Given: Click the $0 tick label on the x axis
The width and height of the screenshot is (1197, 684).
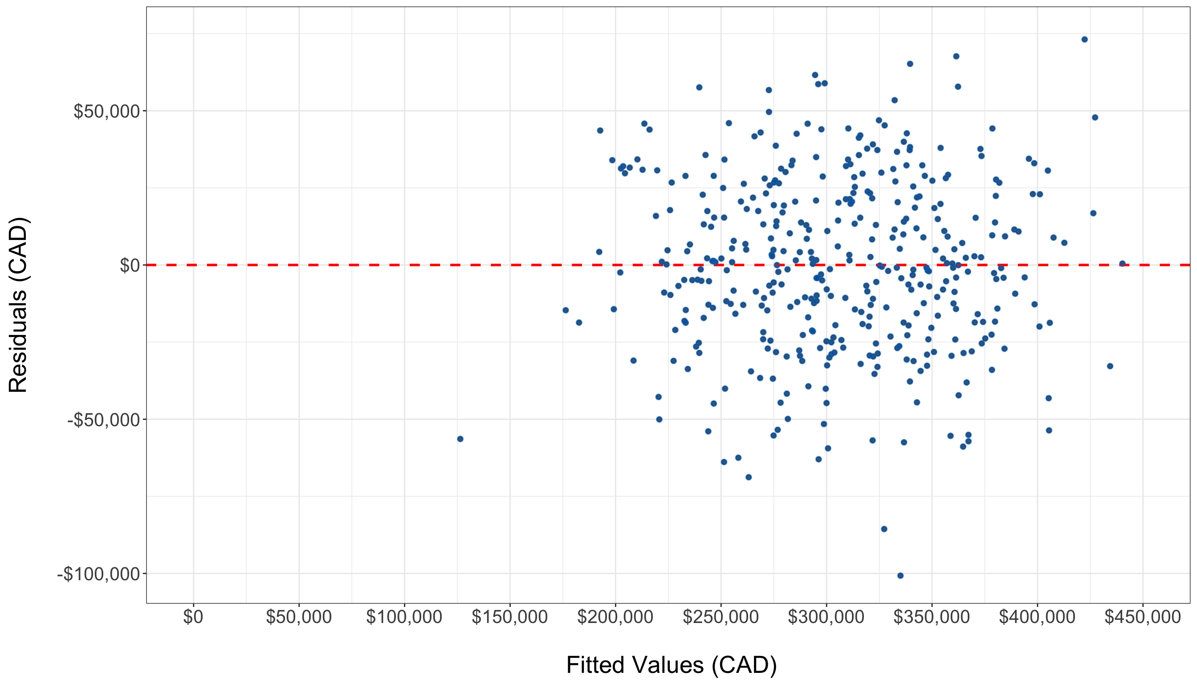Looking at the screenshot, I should pos(193,617).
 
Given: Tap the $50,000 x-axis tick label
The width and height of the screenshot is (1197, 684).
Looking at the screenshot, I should pos(299,617).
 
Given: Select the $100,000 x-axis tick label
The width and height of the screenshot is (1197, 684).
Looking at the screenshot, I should pos(404,617).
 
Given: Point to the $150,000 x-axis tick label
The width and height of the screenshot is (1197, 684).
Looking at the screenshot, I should pos(510,617).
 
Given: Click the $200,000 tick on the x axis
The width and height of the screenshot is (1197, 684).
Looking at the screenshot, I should pos(615,617).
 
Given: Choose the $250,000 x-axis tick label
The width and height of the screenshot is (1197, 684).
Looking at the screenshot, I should pos(721,617).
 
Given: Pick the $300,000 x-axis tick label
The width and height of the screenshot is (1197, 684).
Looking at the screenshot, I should pos(826,617).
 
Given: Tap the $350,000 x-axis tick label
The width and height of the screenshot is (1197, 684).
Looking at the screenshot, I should pos(932,617).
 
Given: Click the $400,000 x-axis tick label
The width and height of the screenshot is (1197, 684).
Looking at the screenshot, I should pos(1037,617).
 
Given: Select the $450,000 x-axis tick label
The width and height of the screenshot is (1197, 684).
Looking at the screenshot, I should pos(1143,617).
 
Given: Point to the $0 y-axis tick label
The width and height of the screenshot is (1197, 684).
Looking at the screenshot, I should pos(130,265).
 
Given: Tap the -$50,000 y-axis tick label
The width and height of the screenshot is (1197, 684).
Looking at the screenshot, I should pos(103,419).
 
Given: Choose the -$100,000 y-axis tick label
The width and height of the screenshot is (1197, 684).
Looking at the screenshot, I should pos(98,574).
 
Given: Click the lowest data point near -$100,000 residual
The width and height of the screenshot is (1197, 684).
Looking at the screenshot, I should pos(900,575).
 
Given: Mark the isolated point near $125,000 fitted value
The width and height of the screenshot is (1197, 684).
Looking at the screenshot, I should pos(460,439).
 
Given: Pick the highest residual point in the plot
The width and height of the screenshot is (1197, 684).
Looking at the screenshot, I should pos(1084,40).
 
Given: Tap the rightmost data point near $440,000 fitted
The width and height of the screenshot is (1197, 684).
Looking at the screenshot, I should pos(1122,264).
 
